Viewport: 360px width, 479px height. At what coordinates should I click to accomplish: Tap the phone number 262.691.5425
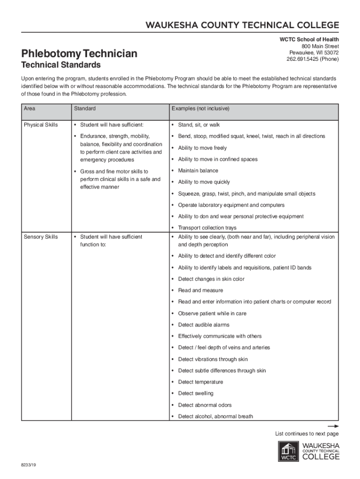pos(312,59)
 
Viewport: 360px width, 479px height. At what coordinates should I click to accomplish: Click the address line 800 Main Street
pos(320,46)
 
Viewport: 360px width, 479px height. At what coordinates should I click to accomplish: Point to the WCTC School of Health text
pos(309,40)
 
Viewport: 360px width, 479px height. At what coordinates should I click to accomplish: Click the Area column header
pos(29,109)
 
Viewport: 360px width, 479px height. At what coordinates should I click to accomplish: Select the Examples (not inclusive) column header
pos(200,109)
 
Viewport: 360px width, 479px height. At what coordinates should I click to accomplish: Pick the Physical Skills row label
pos(41,125)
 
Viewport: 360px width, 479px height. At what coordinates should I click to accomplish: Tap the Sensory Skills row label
pos(41,237)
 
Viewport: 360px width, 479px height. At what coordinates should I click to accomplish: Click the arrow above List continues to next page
pos(333,427)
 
